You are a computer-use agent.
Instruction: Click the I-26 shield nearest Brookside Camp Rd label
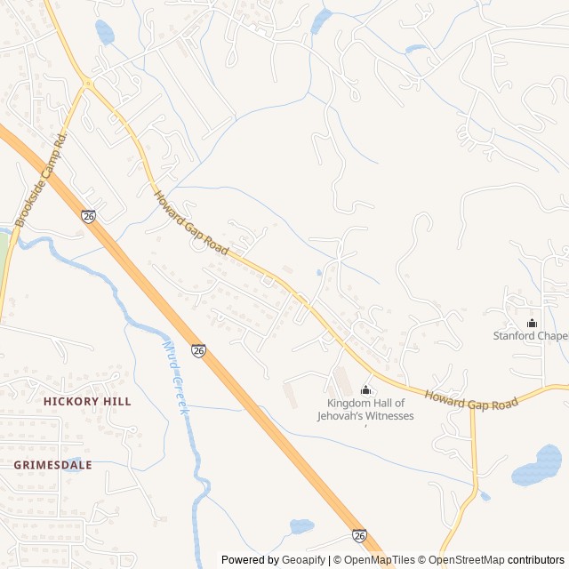pos(88,216)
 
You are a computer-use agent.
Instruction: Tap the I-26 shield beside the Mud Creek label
pos(198,351)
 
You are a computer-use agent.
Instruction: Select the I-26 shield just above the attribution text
pos(359,535)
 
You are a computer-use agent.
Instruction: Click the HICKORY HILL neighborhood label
pos(87,402)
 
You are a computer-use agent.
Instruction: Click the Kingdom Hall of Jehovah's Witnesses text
pos(365,410)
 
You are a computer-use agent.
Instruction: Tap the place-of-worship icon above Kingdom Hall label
pos(365,390)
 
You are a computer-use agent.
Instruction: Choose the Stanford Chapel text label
pos(531,336)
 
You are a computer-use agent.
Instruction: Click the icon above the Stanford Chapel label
pos(532,323)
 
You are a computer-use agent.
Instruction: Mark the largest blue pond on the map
pos(537,466)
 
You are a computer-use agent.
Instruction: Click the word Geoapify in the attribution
pos(303,560)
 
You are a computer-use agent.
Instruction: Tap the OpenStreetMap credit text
pos(463,560)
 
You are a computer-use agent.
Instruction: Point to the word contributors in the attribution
pos(537,560)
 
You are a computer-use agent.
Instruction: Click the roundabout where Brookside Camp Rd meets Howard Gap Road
pos(87,84)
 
